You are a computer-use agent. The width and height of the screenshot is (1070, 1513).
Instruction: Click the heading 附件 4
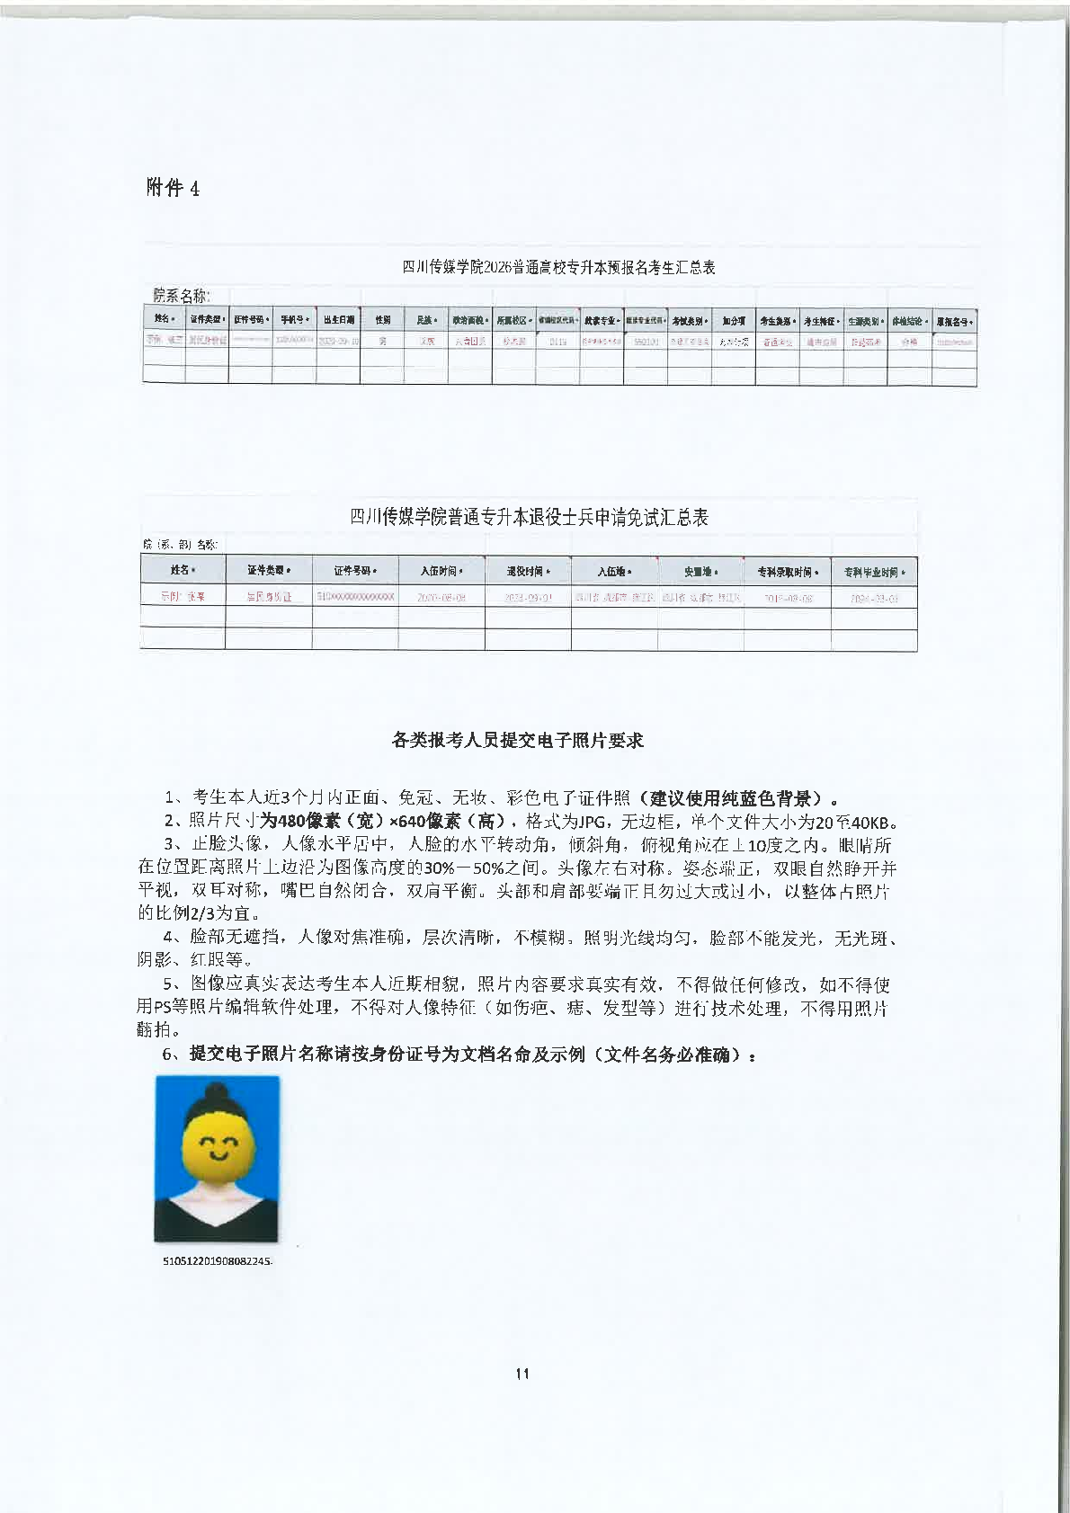click(x=172, y=188)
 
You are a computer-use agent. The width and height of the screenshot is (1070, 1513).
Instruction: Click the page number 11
click(x=522, y=1373)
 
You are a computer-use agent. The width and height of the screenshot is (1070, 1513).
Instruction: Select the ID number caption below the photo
click(x=217, y=1260)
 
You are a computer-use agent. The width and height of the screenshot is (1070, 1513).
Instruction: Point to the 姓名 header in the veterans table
click(x=183, y=570)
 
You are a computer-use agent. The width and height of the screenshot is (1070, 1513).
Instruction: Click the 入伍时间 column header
click(x=441, y=571)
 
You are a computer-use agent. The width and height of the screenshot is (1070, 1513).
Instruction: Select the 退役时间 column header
click(x=528, y=571)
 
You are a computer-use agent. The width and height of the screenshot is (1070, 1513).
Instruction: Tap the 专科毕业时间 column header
click(x=874, y=571)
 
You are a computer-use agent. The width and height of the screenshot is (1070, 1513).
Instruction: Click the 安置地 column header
click(x=700, y=571)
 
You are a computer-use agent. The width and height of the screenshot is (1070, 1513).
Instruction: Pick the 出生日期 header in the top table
click(x=339, y=319)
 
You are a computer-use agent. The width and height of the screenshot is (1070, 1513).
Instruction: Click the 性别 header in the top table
click(x=382, y=319)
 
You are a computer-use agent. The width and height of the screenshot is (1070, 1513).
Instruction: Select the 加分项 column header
click(x=733, y=319)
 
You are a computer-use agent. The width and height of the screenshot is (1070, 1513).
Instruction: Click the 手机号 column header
click(x=294, y=319)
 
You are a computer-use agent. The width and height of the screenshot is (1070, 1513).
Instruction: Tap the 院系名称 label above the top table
click(x=181, y=295)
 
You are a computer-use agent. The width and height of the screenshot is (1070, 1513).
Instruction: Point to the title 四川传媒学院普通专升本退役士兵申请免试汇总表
click(x=529, y=517)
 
